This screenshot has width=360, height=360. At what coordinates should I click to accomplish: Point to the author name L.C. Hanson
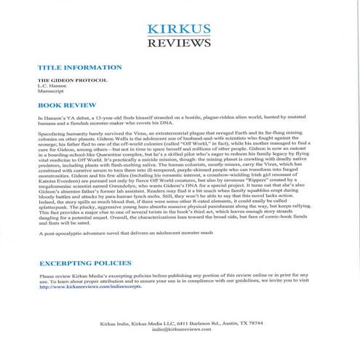point(52,85)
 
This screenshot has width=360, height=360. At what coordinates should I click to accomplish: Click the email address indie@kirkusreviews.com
point(180,329)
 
